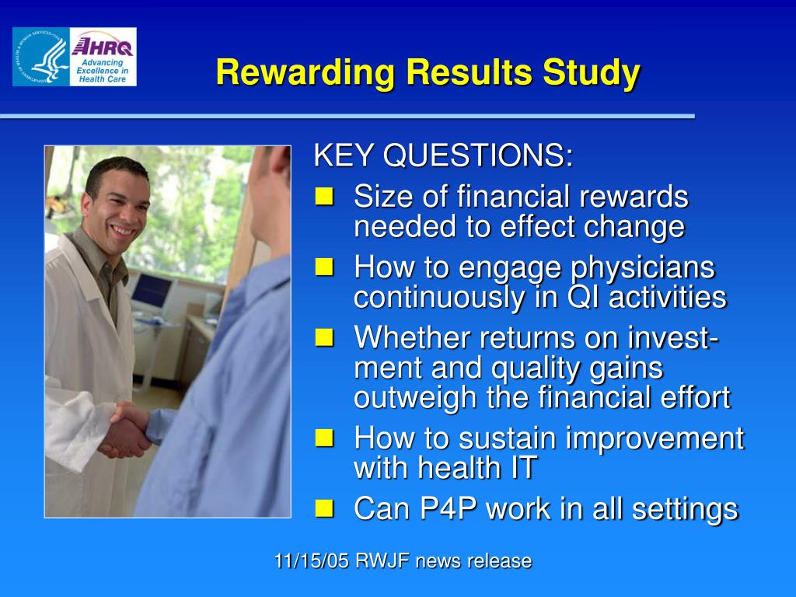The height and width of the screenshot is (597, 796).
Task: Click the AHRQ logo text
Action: click(x=103, y=47)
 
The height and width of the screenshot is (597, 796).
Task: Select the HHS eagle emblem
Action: click(x=41, y=57)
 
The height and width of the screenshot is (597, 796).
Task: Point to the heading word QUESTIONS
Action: click(x=478, y=155)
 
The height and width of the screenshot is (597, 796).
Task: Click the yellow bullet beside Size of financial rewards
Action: click(x=324, y=196)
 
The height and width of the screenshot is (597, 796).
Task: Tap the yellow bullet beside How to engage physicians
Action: click(x=324, y=267)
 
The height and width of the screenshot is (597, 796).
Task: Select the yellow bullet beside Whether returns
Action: click(x=324, y=337)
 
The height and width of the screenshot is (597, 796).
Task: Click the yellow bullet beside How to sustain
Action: click(x=324, y=438)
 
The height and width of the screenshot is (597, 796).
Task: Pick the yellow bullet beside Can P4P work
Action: click(x=324, y=508)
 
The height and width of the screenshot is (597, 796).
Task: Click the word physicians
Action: click(x=643, y=268)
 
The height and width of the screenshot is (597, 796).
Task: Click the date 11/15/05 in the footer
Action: click(x=312, y=561)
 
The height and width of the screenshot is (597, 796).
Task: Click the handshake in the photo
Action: click(x=127, y=430)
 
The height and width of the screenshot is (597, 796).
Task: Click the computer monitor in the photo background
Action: click(x=152, y=291)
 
